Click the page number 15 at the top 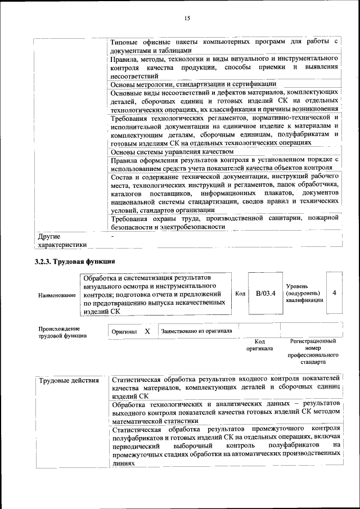click(187, 19)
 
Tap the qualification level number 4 click(334, 294)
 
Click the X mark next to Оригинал click(147, 331)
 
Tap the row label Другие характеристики click(62, 240)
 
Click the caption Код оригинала click(259, 345)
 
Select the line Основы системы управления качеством click(172, 151)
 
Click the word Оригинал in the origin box click(124, 332)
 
